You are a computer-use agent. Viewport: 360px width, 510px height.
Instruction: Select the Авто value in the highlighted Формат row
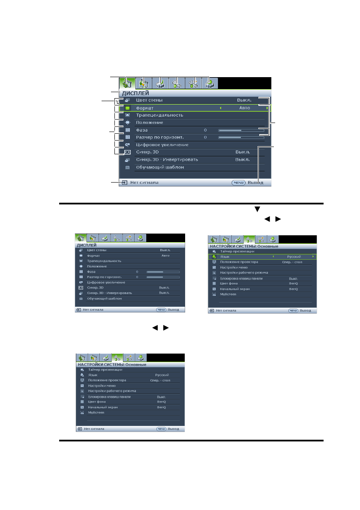245,108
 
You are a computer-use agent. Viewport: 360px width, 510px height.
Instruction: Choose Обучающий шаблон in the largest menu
160,167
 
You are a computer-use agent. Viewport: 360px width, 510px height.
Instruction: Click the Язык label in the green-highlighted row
225,256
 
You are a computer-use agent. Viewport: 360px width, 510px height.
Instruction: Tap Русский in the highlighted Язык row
294,256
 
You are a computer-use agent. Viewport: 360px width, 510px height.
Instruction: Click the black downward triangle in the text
258,209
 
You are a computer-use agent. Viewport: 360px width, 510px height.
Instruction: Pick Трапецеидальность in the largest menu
159,115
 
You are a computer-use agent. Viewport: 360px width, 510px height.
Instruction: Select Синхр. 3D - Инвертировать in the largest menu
167,159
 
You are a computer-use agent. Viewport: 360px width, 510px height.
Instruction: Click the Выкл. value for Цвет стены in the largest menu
244,100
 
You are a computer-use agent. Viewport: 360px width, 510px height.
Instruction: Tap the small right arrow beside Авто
267,108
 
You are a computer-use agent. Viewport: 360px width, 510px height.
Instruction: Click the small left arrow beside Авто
221,108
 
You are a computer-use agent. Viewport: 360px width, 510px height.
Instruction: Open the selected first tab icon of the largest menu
126,83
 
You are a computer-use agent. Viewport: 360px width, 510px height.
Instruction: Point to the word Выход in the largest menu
255,183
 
